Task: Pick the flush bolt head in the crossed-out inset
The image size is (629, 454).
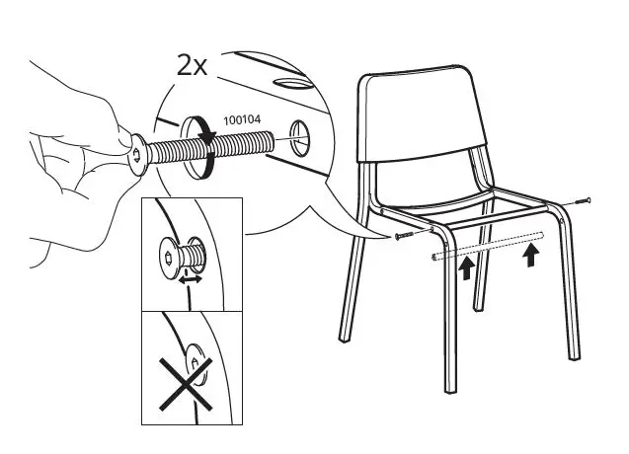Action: pos(197,367)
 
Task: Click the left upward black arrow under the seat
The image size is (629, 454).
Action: pos(466,269)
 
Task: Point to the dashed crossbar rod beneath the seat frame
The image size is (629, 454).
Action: pos(489,246)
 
